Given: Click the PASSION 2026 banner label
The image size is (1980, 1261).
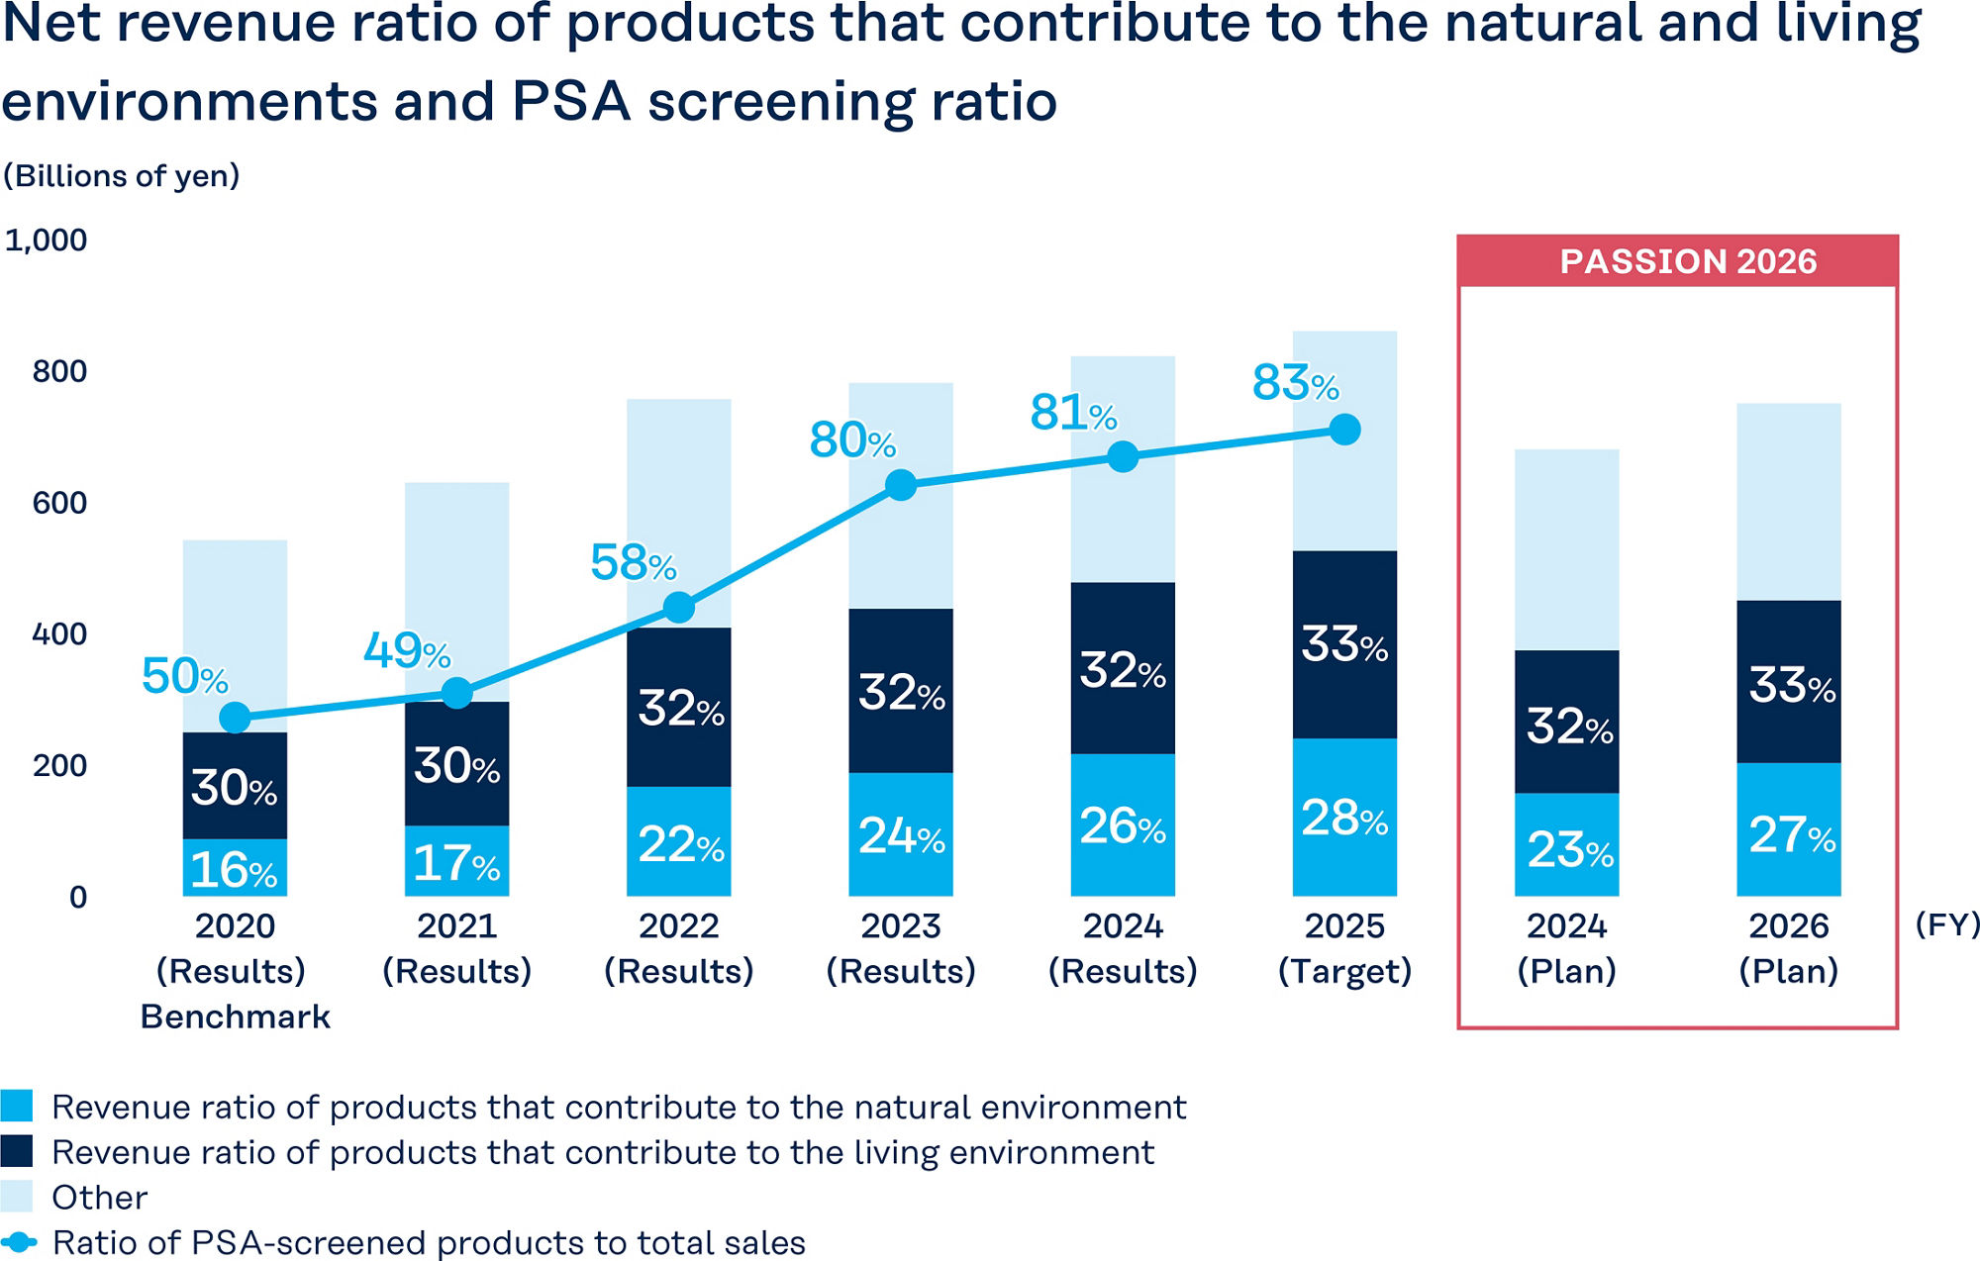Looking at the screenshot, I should tap(1688, 261).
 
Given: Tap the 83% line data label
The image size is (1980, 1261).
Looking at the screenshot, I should tap(1295, 382).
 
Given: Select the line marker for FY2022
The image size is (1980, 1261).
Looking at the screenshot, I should tap(679, 607).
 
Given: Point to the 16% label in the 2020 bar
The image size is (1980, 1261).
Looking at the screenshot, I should tap(234, 870).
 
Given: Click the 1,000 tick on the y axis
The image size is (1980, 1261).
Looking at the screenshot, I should tap(47, 241).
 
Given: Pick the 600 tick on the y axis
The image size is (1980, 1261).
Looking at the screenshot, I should tap(59, 503).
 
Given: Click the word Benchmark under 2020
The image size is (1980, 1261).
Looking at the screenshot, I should tap(236, 1017).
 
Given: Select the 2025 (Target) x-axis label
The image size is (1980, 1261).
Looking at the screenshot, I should tap(1344, 948).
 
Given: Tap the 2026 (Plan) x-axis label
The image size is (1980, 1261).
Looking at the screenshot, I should tap(1788, 948).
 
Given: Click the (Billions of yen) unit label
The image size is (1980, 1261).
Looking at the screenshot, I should tap(122, 176).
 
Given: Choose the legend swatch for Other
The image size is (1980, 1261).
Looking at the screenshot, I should tap(17, 1197).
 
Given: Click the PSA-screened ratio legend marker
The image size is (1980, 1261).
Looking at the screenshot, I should tap(19, 1242).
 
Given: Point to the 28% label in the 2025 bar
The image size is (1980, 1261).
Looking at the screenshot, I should tap(1344, 819).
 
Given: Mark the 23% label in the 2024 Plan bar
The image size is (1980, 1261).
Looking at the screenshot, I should tap(1570, 849).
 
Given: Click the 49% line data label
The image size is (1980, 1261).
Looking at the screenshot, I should tap(407, 651).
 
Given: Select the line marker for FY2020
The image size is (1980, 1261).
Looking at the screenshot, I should tap(235, 718).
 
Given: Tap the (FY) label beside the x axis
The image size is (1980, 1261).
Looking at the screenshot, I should tap(1946, 924).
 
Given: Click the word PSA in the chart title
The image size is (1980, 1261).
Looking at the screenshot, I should tap(571, 102).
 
